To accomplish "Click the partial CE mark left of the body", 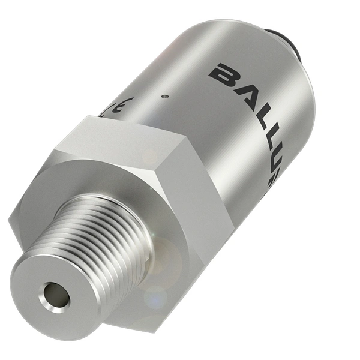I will click(117, 108).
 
